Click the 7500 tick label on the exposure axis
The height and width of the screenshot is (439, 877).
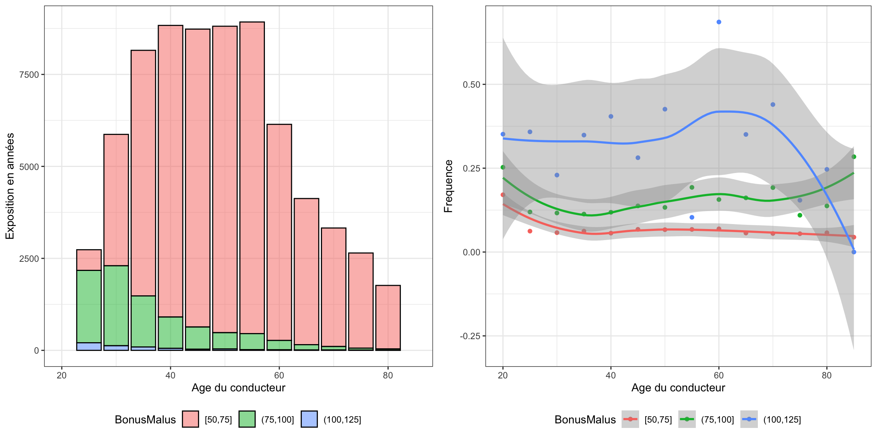pyautogui.click(x=29, y=75)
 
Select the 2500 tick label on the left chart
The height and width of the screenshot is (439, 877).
pyautogui.click(x=29, y=259)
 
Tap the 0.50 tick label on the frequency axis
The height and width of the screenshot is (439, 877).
pyautogui.click(x=471, y=85)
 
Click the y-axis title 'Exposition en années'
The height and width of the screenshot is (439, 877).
pyautogui.click(x=10, y=186)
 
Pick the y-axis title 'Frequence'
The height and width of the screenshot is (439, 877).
pyautogui.click(x=448, y=186)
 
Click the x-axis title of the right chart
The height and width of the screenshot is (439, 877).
pyautogui.click(x=678, y=388)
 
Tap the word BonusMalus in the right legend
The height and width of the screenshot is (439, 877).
pyautogui.click(x=585, y=420)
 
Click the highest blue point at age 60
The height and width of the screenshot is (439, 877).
pyautogui.click(x=719, y=22)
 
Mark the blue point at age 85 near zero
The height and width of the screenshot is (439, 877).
pyautogui.click(x=854, y=252)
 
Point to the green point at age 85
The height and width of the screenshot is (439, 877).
pyautogui.click(x=854, y=157)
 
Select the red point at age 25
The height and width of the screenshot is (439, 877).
pyautogui.click(x=530, y=231)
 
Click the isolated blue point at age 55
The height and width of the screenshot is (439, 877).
pyautogui.click(x=692, y=217)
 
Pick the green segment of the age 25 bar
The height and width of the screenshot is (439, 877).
pyautogui.click(x=89, y=306)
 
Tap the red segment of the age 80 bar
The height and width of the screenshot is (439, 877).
pyautogui.click(x=388, y=317)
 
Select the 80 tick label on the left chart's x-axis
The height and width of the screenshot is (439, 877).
pyautogui.click(x=388, y=376)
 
